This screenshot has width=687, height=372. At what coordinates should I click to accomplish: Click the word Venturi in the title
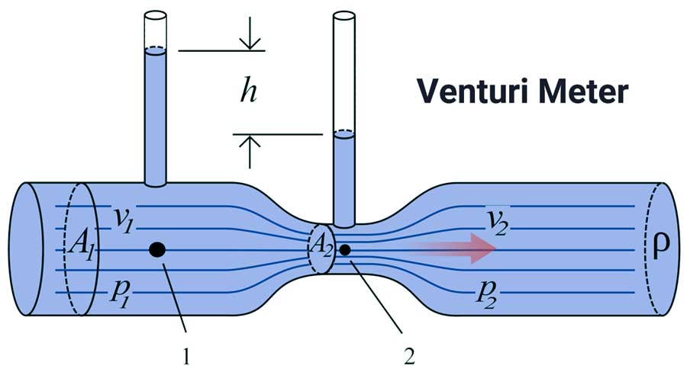468,92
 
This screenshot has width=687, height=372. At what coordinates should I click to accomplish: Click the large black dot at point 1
157,249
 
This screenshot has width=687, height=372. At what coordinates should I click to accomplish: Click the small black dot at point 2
345,249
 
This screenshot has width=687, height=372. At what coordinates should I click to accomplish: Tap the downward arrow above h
250,40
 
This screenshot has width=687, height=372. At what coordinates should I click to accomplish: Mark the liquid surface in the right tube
344,134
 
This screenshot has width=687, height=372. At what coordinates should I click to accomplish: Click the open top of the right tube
344,14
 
